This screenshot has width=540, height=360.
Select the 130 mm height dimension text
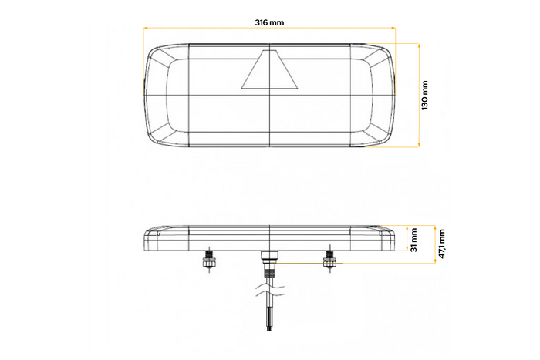425,95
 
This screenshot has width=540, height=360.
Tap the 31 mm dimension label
414,239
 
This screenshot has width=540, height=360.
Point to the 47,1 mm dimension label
441,244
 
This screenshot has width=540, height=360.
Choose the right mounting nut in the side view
329,264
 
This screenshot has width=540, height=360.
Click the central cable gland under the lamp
268,261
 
